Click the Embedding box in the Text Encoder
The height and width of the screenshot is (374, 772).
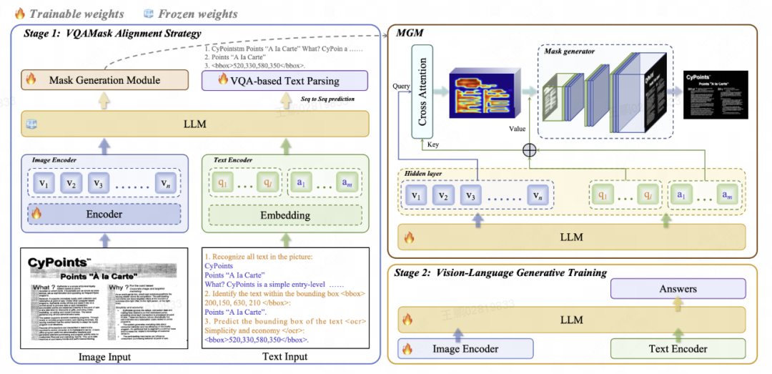coord(284,215)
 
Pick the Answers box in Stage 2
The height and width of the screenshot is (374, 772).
coord(677,288)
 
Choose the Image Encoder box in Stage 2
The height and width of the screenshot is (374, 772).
coord(466,348)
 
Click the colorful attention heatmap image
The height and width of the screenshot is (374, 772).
coord(481,91)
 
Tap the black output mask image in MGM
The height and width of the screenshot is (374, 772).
coord(716,94)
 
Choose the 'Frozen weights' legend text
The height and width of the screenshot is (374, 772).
coord(197,14)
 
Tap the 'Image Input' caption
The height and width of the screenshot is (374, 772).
coord(104,357)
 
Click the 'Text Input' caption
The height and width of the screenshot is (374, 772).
coord(284,357)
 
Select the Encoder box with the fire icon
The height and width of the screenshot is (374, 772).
coord(104,214)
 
